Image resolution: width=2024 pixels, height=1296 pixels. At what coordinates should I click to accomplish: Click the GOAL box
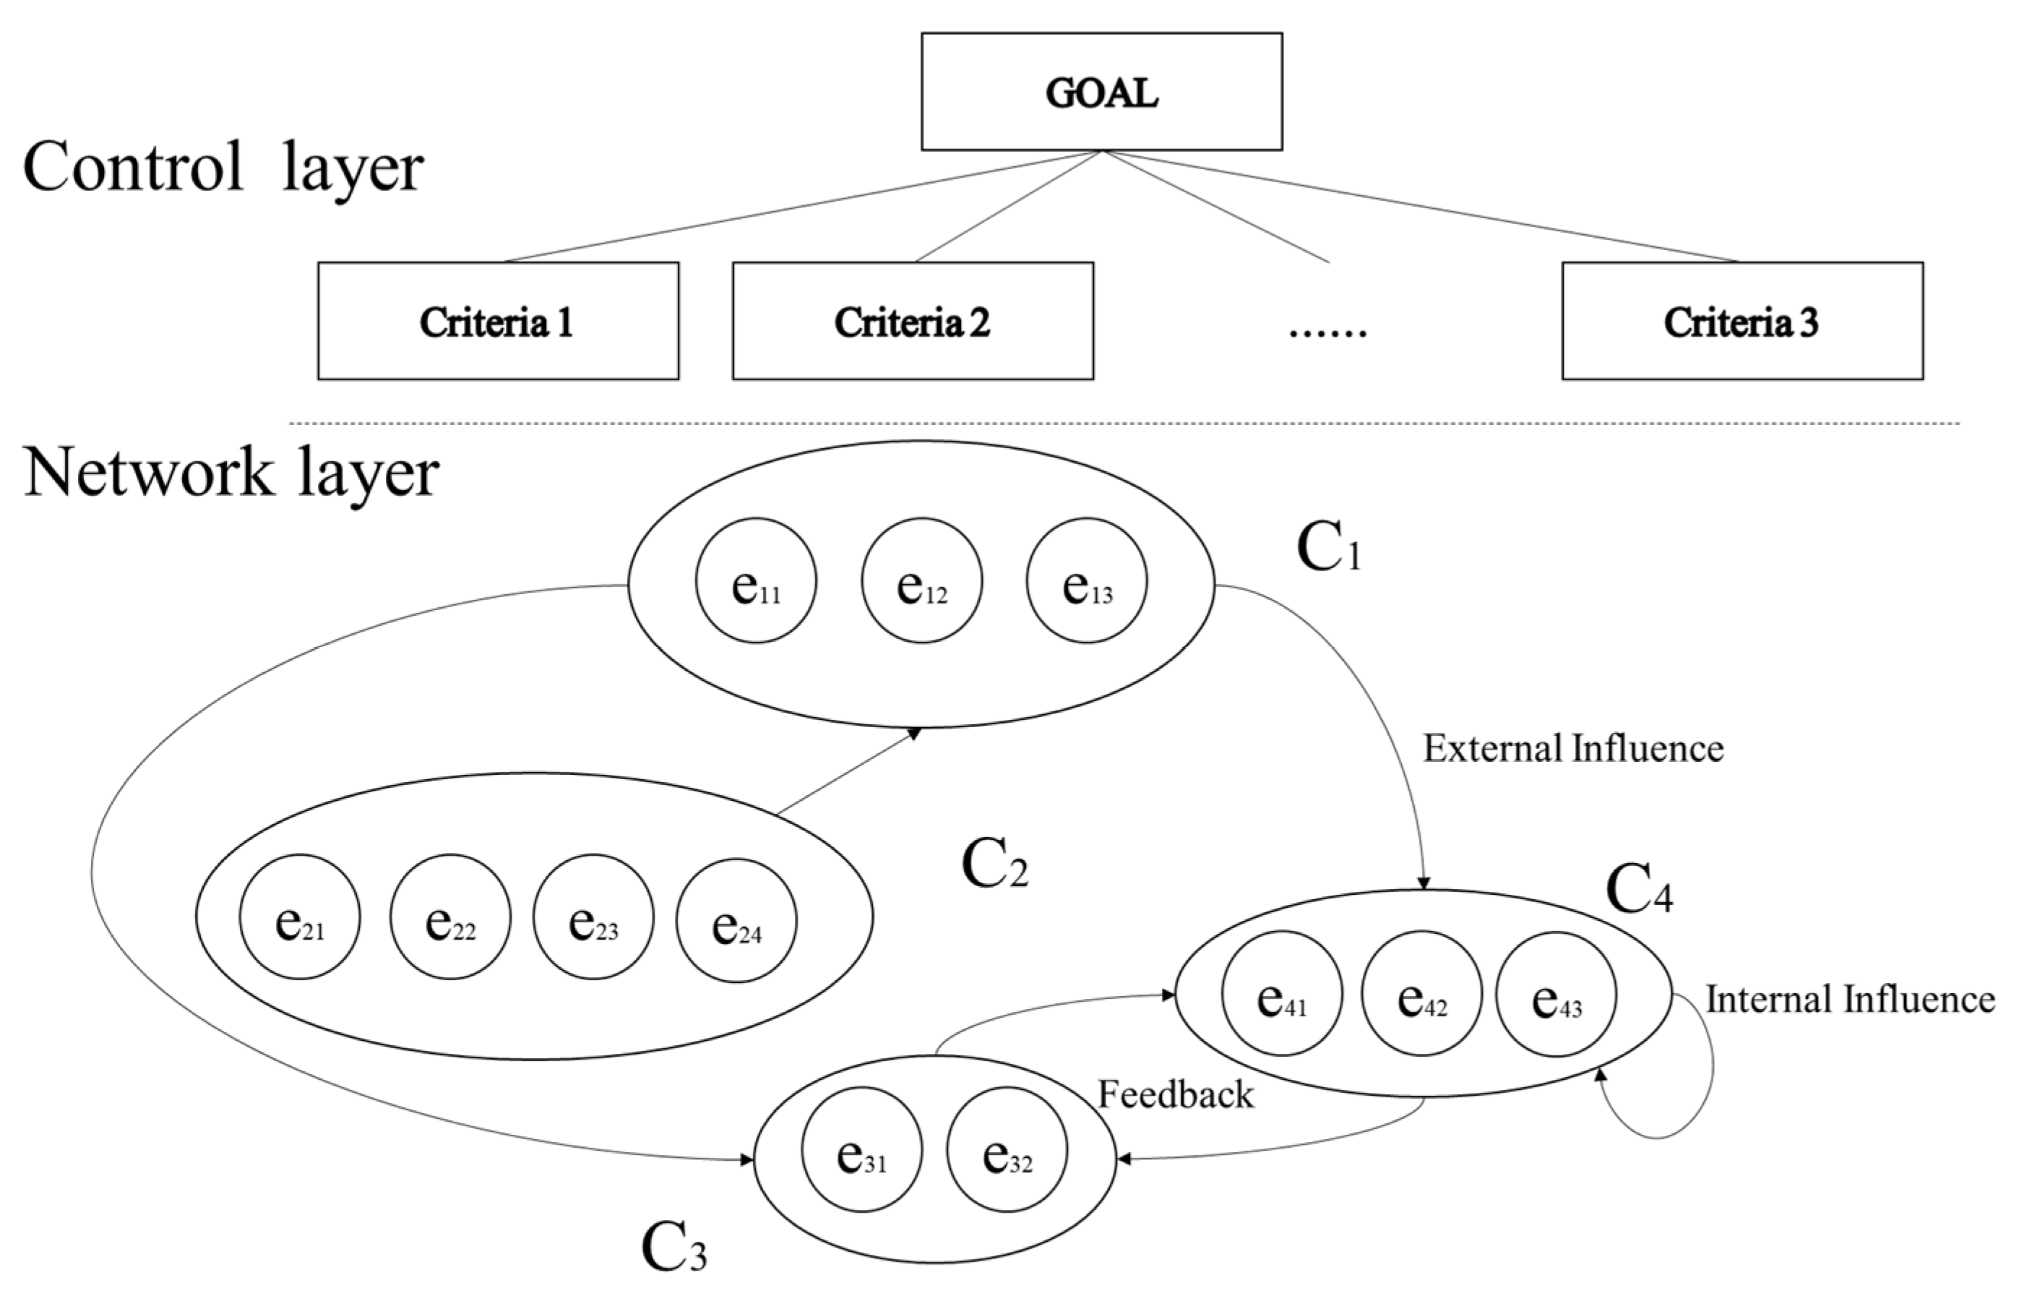(x=1101, y=92)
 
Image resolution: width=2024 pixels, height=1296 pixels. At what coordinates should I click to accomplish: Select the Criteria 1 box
(x=498, y=322)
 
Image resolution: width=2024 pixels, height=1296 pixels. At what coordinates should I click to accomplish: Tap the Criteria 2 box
(x=913, y=322)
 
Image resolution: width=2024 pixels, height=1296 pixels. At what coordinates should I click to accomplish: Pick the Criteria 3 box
(x=1742, y=322)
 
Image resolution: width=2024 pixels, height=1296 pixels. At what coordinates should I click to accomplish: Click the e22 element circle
(x=450, y=917)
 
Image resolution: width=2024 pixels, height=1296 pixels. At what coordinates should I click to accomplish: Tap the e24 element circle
(x=736, y=921)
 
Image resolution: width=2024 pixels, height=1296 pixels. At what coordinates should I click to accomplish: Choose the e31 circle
(x=861, y=1149)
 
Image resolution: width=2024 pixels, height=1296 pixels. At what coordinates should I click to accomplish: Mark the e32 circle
(x=1007, y=1149)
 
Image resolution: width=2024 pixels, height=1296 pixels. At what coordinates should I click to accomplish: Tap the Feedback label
(x=1175, y=1095)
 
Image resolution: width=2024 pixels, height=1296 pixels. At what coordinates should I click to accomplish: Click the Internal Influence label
(x=1850, y=1000)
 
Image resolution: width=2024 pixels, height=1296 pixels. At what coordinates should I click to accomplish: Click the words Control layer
(x=223, y=167)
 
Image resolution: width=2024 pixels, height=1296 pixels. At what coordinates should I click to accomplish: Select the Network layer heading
(x=231, y=472)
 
